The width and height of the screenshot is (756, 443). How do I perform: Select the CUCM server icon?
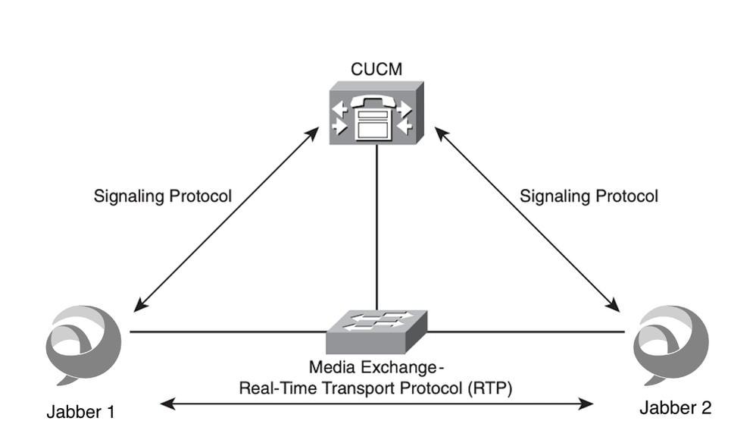pos(376,114)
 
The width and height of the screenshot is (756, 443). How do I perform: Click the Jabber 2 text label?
pos(676,408)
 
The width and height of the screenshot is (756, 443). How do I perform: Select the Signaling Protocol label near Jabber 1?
pos(163,196)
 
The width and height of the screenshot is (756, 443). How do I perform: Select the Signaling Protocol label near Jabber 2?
pos(589,196)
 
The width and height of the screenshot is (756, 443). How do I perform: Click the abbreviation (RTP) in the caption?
pos(491,389)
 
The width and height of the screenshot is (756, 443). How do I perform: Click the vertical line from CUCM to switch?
pos(376,228)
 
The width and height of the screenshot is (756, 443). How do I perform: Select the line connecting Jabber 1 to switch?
pos(227,331)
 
